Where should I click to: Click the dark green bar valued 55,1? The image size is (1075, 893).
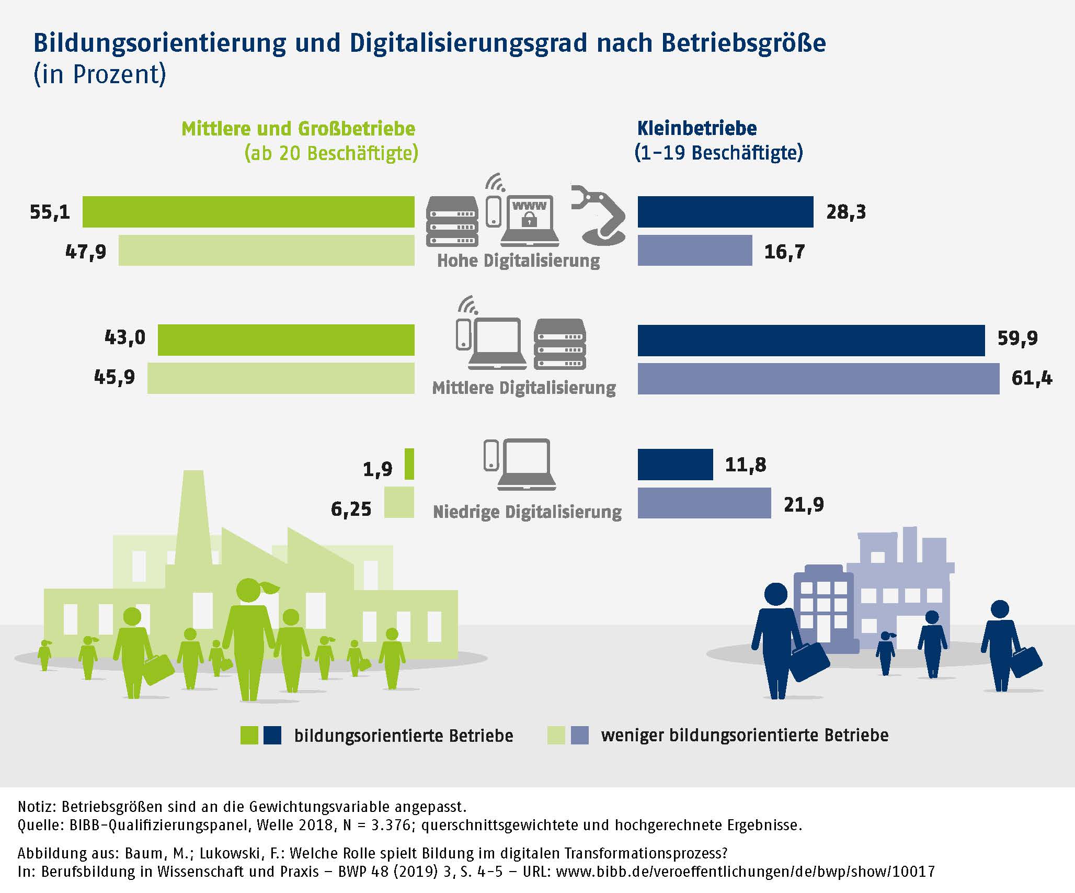click(x=248, y=212)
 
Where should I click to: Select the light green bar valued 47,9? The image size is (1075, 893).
click(x=266, y=251)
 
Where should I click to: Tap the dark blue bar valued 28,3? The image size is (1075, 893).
click(x=725, y=212)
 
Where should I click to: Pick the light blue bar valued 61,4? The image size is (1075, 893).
click(x=818, y=378)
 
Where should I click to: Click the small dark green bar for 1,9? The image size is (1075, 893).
click(x=409, y=464)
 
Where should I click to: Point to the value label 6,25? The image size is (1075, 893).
click(x=351, y=509)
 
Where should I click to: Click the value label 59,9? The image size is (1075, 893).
click(x=1017, y=338)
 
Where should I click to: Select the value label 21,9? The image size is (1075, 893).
click(x=804, y=505)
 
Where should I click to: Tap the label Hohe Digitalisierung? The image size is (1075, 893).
click(x=518, y=261)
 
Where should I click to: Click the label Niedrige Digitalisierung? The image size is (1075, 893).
click(x=527, y=512)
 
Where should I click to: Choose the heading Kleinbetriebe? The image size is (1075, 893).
click(x=696, y=129)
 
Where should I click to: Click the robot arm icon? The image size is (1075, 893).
click(x=600, y=214)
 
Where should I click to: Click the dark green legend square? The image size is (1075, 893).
click(x=249, y=735)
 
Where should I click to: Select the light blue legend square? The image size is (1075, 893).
click(x=580, y=735)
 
